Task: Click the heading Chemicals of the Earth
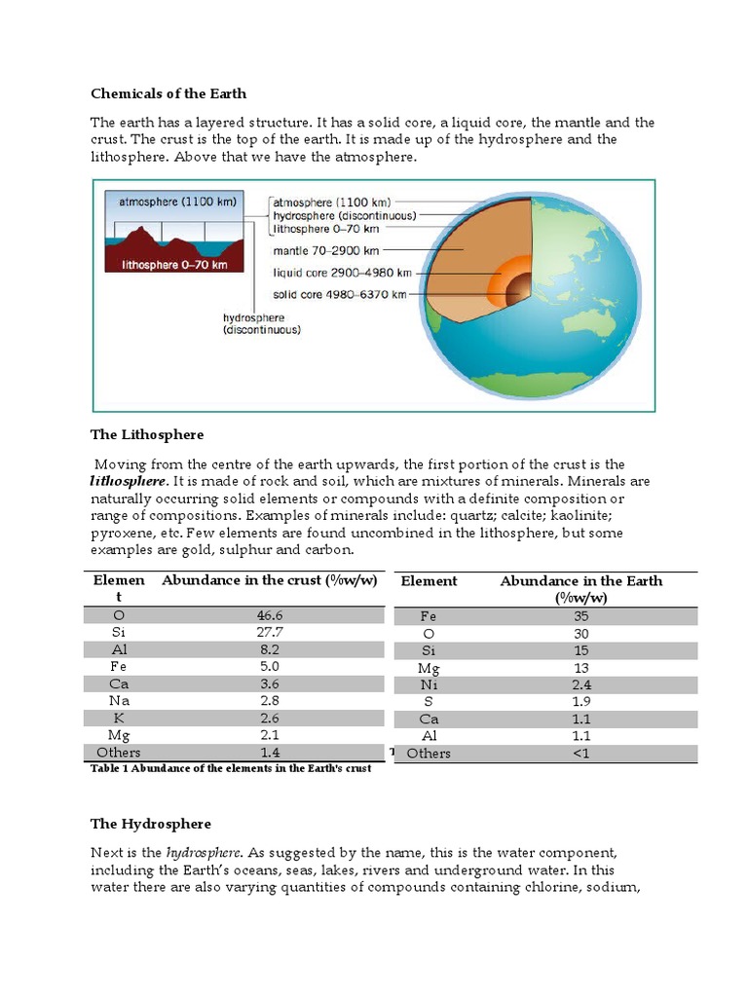(168, 93)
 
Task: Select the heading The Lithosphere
(147, 434)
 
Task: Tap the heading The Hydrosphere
(150, 824)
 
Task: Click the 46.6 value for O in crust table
(269, 616)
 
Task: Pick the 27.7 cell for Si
(269, 633)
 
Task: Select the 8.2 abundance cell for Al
(269, 650)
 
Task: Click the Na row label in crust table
(119, 701)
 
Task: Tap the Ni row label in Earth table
(429, 684)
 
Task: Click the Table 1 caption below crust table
(231, 769)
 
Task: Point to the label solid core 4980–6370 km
(340, 294)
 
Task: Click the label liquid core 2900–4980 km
(341, 272)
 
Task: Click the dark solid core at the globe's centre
(518, 287)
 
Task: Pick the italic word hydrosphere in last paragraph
(201, 853)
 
